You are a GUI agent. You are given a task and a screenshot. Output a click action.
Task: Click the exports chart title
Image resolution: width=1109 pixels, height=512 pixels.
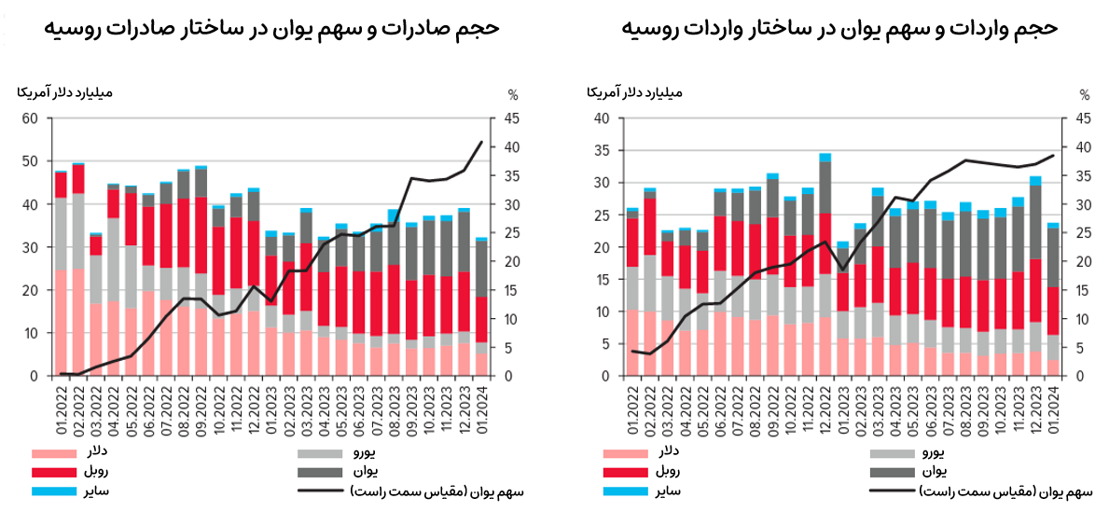(270, 29)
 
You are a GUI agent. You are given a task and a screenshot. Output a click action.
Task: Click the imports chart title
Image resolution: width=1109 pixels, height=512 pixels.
(839, 29)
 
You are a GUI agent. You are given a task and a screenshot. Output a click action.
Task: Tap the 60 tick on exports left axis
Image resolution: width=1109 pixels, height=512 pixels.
(30, 118)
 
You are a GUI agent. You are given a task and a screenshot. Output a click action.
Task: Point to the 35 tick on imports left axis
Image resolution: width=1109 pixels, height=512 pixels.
(601, 151)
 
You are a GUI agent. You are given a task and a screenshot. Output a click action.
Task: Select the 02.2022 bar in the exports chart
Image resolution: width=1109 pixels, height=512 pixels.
(78, 270)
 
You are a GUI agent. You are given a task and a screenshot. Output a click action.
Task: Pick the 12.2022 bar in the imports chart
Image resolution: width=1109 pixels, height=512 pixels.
(825, 266)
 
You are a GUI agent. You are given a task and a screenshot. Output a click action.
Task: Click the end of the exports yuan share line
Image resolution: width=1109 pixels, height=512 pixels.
(481, 142)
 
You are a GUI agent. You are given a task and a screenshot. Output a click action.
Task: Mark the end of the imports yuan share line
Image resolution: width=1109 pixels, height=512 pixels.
(1053, 156)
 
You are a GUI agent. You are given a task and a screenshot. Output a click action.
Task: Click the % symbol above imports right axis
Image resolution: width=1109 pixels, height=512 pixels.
(1085, 94)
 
